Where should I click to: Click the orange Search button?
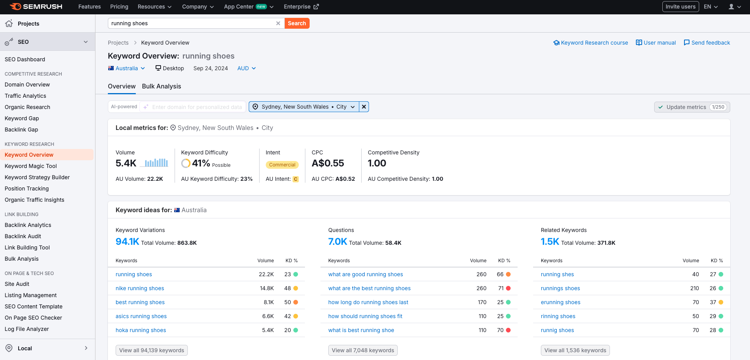pyautogui.click(x=297, y=23)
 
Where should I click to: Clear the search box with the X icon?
pyautogui.click(x=278, y=23)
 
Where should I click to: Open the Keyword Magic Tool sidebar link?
pyautogui.click(x=31, y=166)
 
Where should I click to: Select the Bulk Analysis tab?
pyautogui.click(x=161, y=86)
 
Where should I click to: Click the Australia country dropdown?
pyautogui.click(x=127, y=68)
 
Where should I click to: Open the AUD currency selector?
pyautogui.click(x=246, y=68)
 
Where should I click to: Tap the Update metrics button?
pyautogui.click(x=692, y=107)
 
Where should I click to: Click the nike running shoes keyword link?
pyautogui.click(x=140, y=288)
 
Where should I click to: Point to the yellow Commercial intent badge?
pyautogui.click(x=282, y=165)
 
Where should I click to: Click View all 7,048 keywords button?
pyautogui.click(x=363, y=350)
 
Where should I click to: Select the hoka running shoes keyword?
pyautogui.click(x=141, y=330)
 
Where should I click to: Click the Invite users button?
pyautogui.click(x=680, y=7)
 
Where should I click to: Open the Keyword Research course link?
pyautogui.click(x=591, y=43)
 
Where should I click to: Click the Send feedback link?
pyautogui.click(x=707, y=43)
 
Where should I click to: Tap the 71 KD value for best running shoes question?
pyautogui.click(x=501, y=288)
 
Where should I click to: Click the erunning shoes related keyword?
pyautogui.click(x=560, y=302)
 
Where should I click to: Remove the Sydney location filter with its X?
pyautogui.click(x=364, y=107)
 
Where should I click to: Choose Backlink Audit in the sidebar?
pyautogui.click(x=23, y=236)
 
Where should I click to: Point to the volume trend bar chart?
pyautogui.click(x=154, y=163)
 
